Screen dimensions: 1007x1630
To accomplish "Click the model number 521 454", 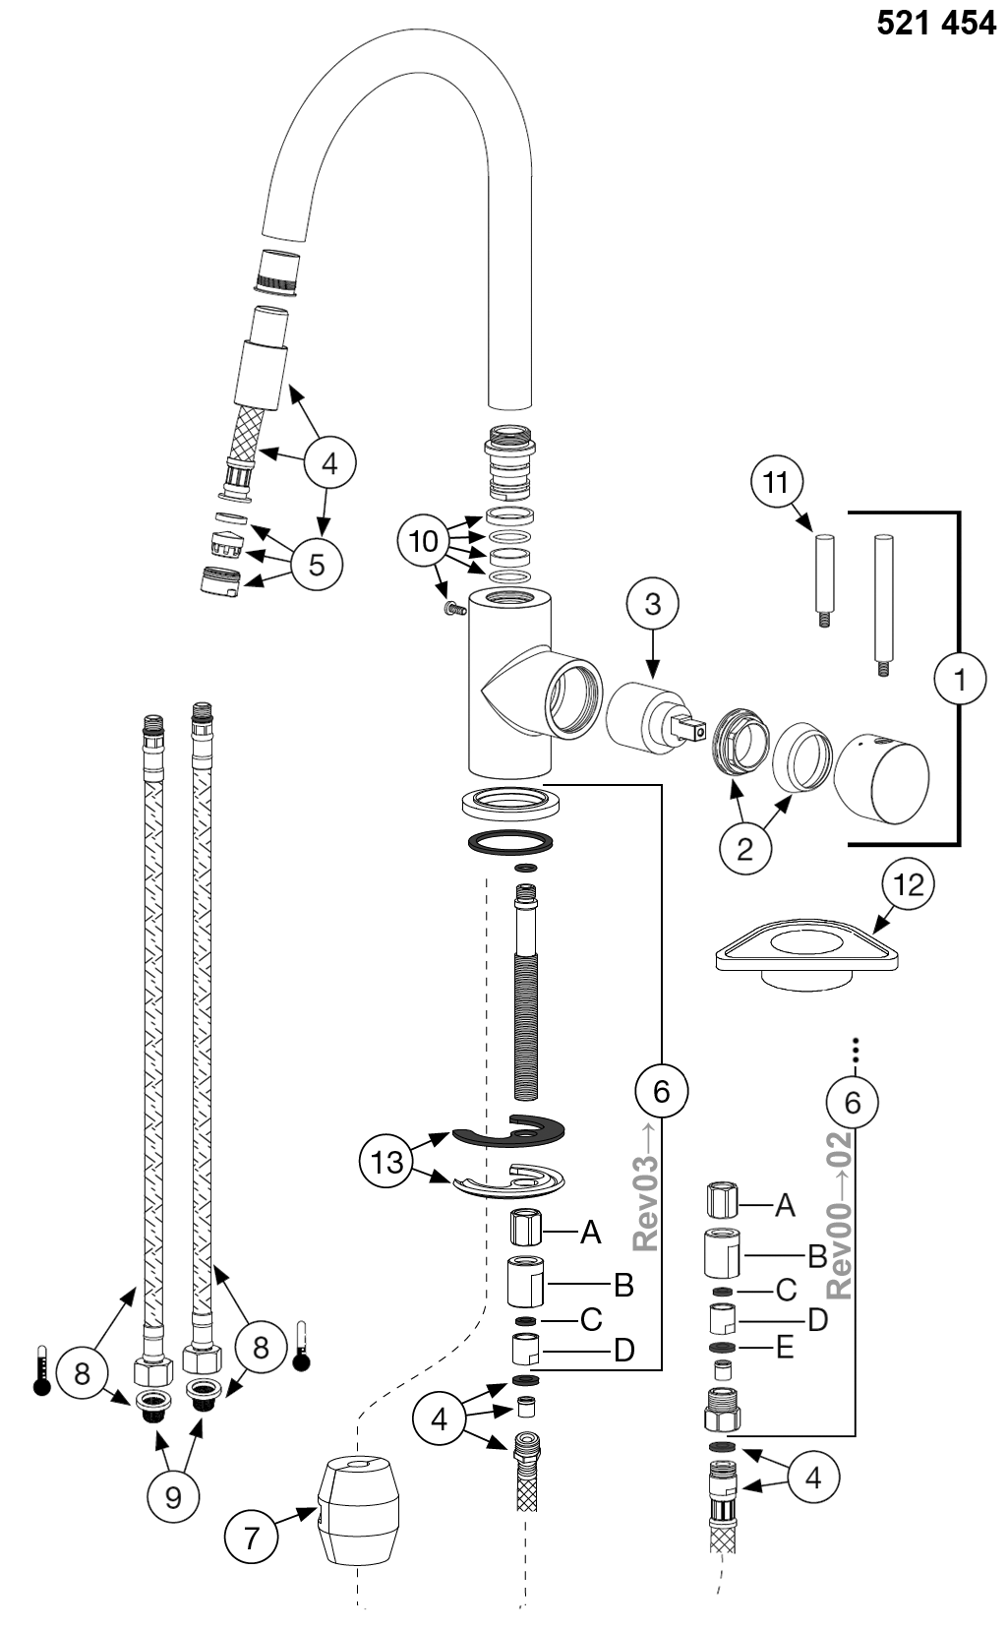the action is coord(935,24).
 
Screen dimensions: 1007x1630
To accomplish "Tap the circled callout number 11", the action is coord(776,482).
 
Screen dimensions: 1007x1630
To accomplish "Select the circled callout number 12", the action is coord(908,885).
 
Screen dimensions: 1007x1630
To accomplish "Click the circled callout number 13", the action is coord(386,1162).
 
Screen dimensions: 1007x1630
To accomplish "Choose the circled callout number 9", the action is coord(173,1497).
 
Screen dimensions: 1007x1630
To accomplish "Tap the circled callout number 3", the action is coord(653,604).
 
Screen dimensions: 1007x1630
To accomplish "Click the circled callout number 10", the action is coord(424,541).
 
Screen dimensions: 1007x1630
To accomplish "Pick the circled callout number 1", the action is coord(960,679).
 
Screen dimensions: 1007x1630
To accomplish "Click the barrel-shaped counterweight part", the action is coord(357,1510).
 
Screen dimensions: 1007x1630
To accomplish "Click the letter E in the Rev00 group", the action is coord(785,1349).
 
